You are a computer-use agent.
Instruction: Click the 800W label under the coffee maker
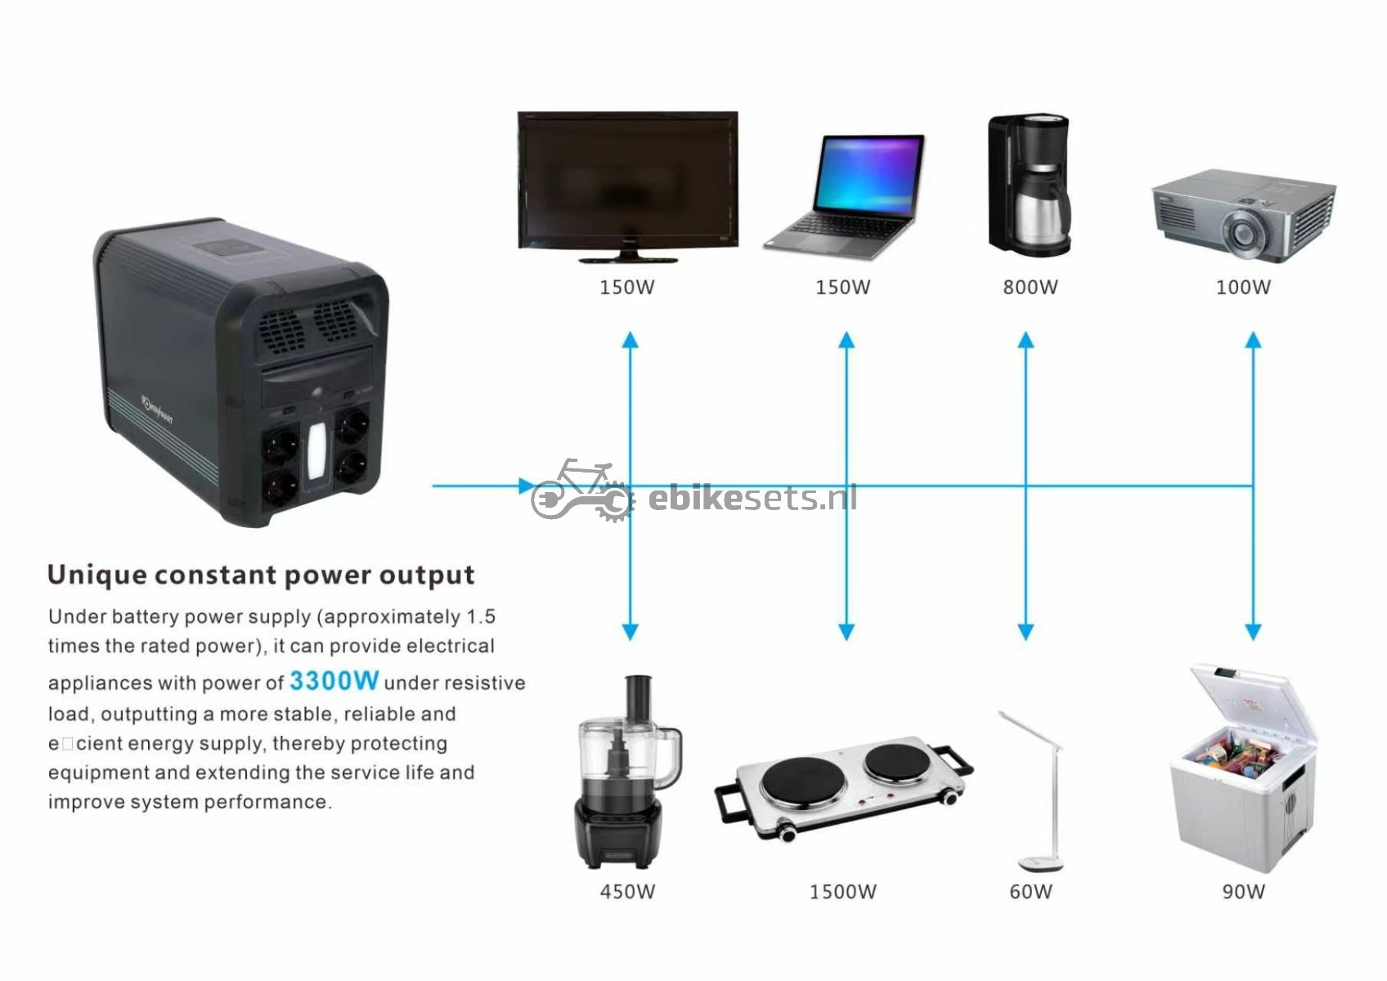tap(1030, 287)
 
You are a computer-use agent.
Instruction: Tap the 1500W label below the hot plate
tap(842, 892)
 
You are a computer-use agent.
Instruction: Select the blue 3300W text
tap(334, 681)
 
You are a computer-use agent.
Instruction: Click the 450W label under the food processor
tap(627, 892)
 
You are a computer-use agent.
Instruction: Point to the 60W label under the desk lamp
tap(1030, 892)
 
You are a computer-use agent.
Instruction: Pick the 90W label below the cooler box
tap(1243, 892)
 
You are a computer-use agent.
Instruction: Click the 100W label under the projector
tap(1243, 287)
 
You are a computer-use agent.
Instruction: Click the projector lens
tap(1242, 235)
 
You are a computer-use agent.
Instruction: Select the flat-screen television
tap(628, 187)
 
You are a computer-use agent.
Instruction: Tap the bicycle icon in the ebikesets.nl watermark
tap(582, 489)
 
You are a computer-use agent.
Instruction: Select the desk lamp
tap(1036, 791)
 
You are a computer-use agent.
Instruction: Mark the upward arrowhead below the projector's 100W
tap(1253, 340)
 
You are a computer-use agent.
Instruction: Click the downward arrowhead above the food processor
tap(630, 632)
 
